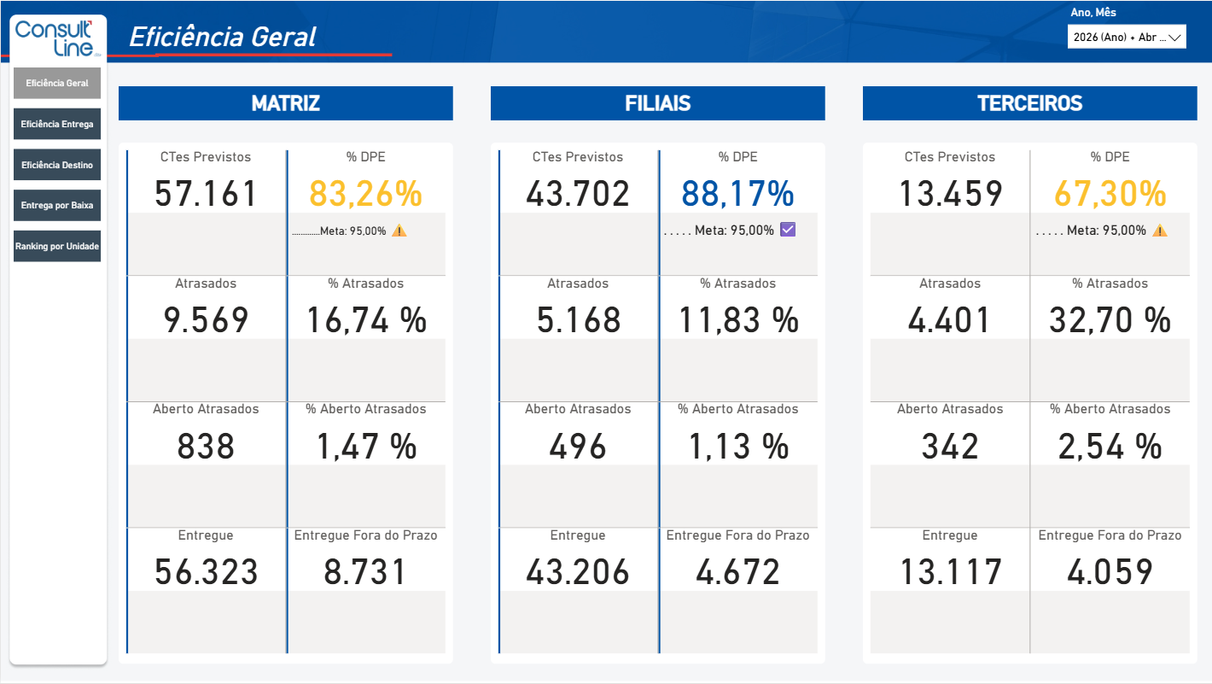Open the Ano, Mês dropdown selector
(1127, 37)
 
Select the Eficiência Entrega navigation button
(57, 124)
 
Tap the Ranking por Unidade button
(57, 246)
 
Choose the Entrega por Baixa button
(57, 205)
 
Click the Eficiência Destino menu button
(57, 165)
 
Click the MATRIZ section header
(286, 102)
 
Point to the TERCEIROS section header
(1029, 102)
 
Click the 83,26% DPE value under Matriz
(365, 194)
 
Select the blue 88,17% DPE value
(737, 194)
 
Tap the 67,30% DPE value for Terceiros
(1110, 194)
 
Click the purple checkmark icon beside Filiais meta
(788, 230)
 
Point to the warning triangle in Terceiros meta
(1160, 231)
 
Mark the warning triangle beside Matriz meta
(399, 231)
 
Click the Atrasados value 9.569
(206, 320)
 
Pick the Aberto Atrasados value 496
(577, 447)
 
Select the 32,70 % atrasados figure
(1110, 320)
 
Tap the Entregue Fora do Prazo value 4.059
(1110, 572)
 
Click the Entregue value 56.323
(206, 572)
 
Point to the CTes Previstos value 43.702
(577, 194)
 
